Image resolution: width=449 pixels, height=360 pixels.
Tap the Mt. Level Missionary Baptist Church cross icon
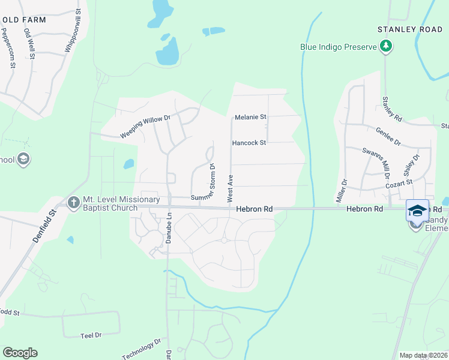tap(74, 203)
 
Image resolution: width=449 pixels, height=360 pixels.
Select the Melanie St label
tap(250, 117)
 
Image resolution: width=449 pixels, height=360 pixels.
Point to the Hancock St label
tap(249, 143)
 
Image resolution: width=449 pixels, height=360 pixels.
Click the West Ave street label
tap(229, 188)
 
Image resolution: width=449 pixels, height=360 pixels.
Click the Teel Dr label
tap(91, 335)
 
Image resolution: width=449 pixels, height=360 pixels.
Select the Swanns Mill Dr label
tap(377, 158)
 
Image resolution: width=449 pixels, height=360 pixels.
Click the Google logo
tap(20, 353)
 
